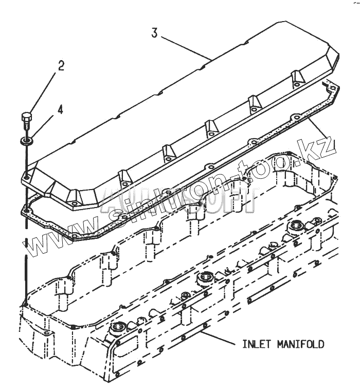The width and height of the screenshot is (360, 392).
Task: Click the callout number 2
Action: (61, 65)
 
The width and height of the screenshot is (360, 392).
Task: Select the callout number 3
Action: (155, 33)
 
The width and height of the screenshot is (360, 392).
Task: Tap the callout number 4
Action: (60, 109)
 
